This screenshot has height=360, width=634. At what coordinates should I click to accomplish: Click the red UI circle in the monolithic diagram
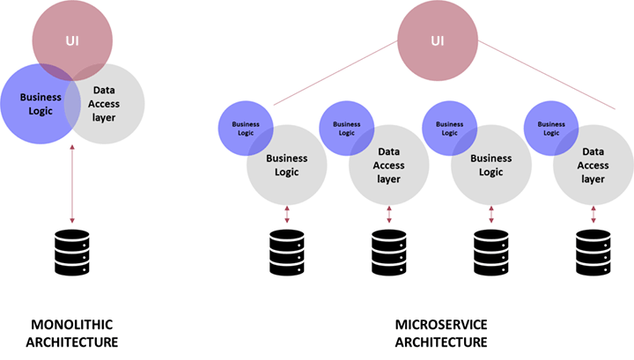coord(72,33)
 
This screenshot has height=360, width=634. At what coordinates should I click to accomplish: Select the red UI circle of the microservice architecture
coord(438,37)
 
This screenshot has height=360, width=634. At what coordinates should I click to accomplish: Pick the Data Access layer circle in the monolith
coord(107,110)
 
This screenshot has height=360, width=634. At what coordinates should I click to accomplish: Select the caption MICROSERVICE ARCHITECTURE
coord(440,333)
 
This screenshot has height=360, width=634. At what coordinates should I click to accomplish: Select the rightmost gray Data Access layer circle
coord(593,165)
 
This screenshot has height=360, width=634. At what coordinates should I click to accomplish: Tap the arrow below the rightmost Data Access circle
coord(593,215)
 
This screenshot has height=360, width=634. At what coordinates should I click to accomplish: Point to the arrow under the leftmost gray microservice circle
coord(287,215)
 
